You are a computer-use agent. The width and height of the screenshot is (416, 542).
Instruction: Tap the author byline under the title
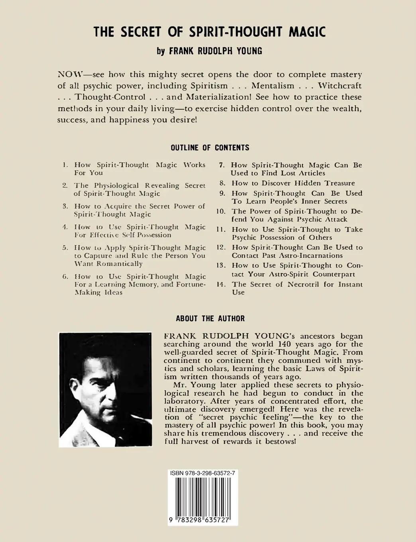click(209, 51)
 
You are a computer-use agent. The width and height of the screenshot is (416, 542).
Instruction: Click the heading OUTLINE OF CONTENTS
click(210, 147)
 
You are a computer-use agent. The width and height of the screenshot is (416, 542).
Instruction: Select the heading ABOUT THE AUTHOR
click(210, 318)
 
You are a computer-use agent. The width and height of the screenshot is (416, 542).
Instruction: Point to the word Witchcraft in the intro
click(339, 86)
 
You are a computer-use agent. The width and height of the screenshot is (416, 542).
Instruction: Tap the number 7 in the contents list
click(222, 165)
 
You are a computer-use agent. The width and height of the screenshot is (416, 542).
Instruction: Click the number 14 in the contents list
click(221, 284)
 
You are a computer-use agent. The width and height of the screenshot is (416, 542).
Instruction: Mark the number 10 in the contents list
click(221, 211)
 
